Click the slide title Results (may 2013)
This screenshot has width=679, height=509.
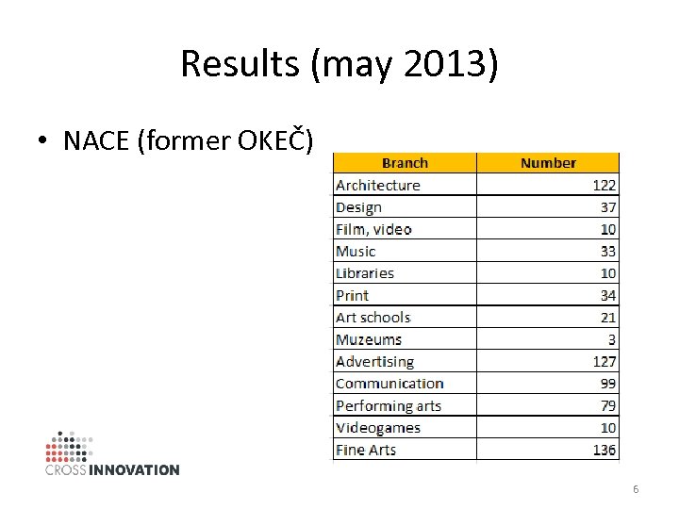(x=339, y=64)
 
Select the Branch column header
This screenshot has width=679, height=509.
(x=405, y=163)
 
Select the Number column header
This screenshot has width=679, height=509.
(x=548, y=163)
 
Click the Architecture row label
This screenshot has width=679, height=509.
(x=378, y=186)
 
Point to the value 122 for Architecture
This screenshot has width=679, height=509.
(x=604, y=186)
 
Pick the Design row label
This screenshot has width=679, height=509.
(x=358, y=207)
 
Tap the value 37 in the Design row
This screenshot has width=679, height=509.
(x=607, y=207)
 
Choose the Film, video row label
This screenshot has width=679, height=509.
(x=373, y=229)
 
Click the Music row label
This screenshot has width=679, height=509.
(x=356, y=252)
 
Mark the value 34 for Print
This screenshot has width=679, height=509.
(x=607, y=296)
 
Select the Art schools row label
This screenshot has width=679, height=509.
(x=373, y=318)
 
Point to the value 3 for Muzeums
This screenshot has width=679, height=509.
(x=612, y=339)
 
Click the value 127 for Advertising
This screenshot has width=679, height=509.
(x=604, y=362)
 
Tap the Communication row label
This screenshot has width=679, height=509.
(x=389, y=384)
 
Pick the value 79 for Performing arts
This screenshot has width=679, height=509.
(x=607, y=406)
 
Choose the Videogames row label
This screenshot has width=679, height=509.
(x=378, y=428)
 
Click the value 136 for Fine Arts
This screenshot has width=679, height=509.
(x=604, y=451)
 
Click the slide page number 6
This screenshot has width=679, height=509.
(x=636, y=489)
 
